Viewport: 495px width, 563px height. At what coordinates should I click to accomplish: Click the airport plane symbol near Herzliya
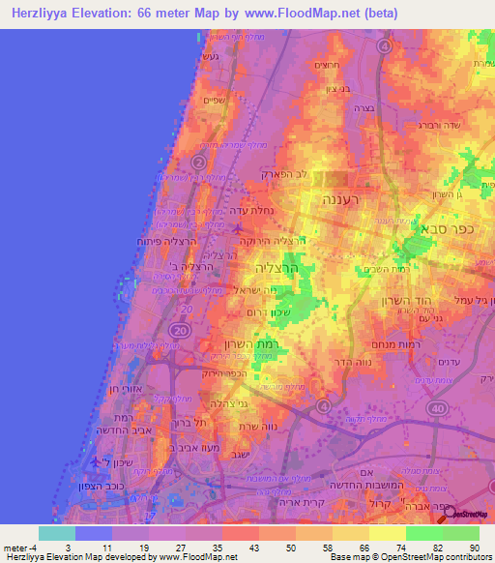pyautogui.click(x=238, y=228)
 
